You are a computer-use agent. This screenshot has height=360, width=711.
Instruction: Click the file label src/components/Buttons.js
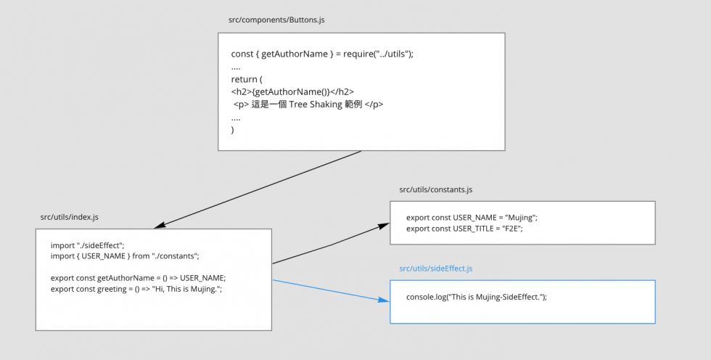coord(276,20)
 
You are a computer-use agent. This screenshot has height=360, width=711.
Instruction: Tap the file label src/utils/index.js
coord(70,217)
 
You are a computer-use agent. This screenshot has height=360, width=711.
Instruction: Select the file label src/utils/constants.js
coord(436,189)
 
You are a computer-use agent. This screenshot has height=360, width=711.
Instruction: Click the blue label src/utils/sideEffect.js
coord(436,269)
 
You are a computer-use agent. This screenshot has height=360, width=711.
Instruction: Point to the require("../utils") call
coord(377,54)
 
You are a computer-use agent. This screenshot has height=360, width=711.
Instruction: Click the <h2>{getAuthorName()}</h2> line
coord(292,91)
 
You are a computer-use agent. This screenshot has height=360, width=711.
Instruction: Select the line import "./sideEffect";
coord(88,245)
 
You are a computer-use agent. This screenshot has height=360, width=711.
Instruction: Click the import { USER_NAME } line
coord(125,256)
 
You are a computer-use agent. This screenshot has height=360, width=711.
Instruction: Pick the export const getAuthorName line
coord(139,278)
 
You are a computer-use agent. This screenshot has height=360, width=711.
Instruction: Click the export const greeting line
coord(136,289)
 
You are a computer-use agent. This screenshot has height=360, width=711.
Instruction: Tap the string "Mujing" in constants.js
coord(520,218)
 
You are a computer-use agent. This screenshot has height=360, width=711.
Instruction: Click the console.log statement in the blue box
coord(477,297)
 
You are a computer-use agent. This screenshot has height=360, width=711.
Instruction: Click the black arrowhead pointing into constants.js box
coord(384,225)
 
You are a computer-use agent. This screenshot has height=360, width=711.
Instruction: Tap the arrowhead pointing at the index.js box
coord(160,225)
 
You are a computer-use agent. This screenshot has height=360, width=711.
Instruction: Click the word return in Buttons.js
coord(244,79)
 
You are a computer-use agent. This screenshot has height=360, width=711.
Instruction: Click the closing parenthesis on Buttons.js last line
coord(233,130)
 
